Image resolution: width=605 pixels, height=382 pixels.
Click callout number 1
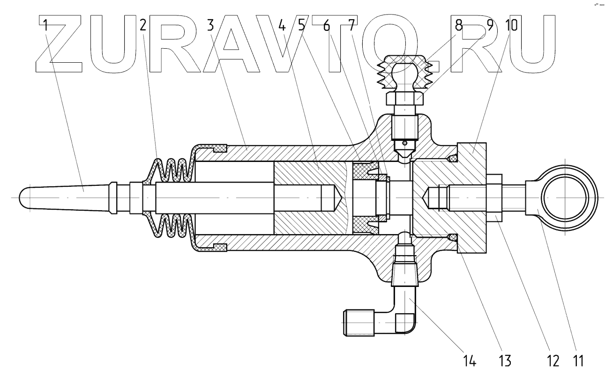(45, 26)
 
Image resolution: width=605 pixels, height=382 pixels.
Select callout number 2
(143, 26)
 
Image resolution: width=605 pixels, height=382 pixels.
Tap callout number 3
(211, 26)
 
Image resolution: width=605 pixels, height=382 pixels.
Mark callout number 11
(579, 361)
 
